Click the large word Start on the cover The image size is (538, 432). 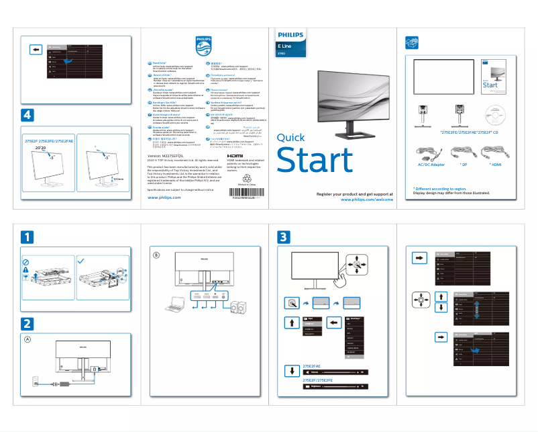tap(315, 161)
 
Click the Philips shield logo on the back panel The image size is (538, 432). tap(203, 47)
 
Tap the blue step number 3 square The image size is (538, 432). tap(284, 236)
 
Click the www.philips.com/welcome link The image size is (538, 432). tap(366, 200)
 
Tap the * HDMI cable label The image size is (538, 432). tap(496, 164)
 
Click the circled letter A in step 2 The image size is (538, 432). tap(28, 339)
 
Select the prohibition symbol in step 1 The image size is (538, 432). tap(25, 261)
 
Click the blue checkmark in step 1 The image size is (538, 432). tap(80, 260)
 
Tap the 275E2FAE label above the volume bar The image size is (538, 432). tap(307, 366)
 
